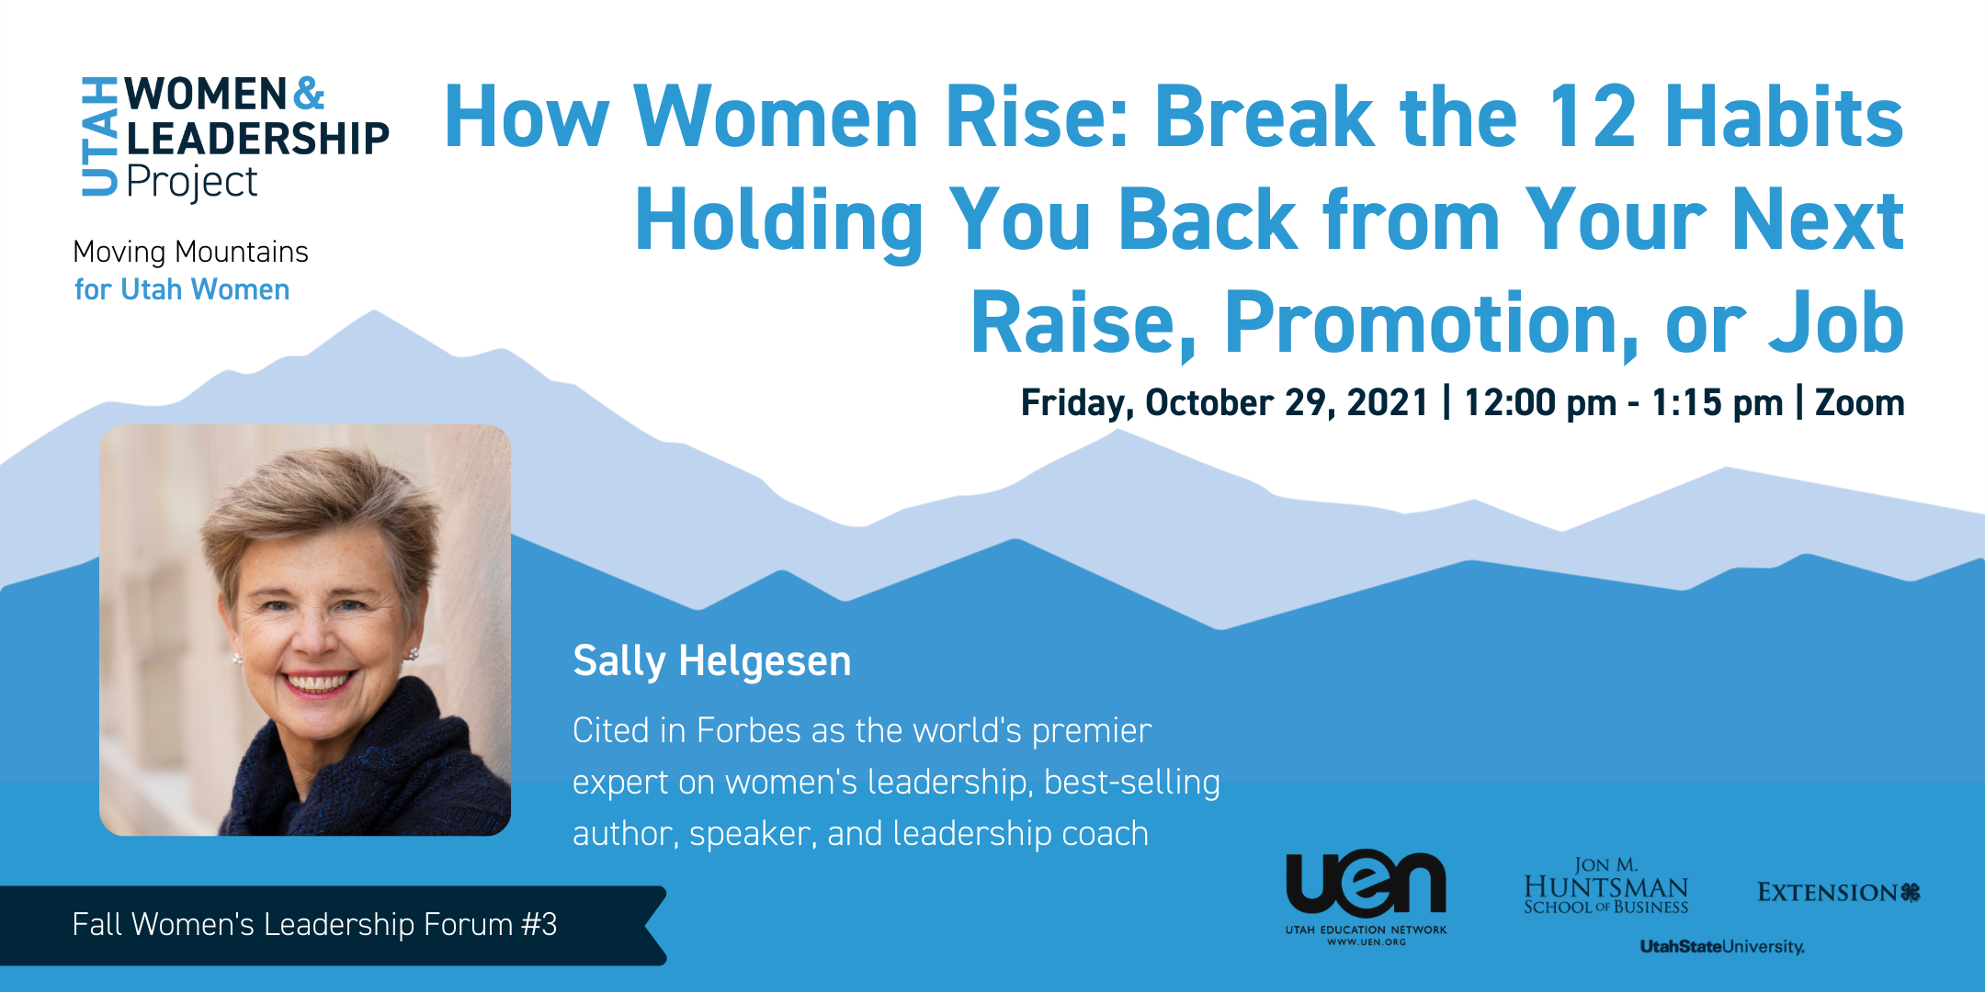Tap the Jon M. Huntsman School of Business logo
pyautogui.click(x=1606, y=886)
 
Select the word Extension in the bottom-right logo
pyautogui.click(x=1827, y=893)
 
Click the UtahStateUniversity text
pyautogui.click(x=1722, y=946)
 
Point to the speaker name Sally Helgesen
pyautogui.click(x=712, y=661)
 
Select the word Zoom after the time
pyautogui.click(x=1859, y=403)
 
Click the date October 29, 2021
pyautogui.click(x=1287, y=403)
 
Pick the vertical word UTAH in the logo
pyautogui.click(x=99, y=137)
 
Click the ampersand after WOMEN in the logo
pyautogui.click(x=310, y=94)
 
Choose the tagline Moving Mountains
pyautogui.click(x=190, y=253)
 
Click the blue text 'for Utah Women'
pyautogui.click(x=182, y=290)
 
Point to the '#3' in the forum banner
pyautogui.click(x=539, y=925)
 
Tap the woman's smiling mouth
pyautogui.click(x=316, y=684)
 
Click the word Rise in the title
pyautogui.click(x=1038, y=117)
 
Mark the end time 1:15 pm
pyautogui.click(x=1717, y=403)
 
